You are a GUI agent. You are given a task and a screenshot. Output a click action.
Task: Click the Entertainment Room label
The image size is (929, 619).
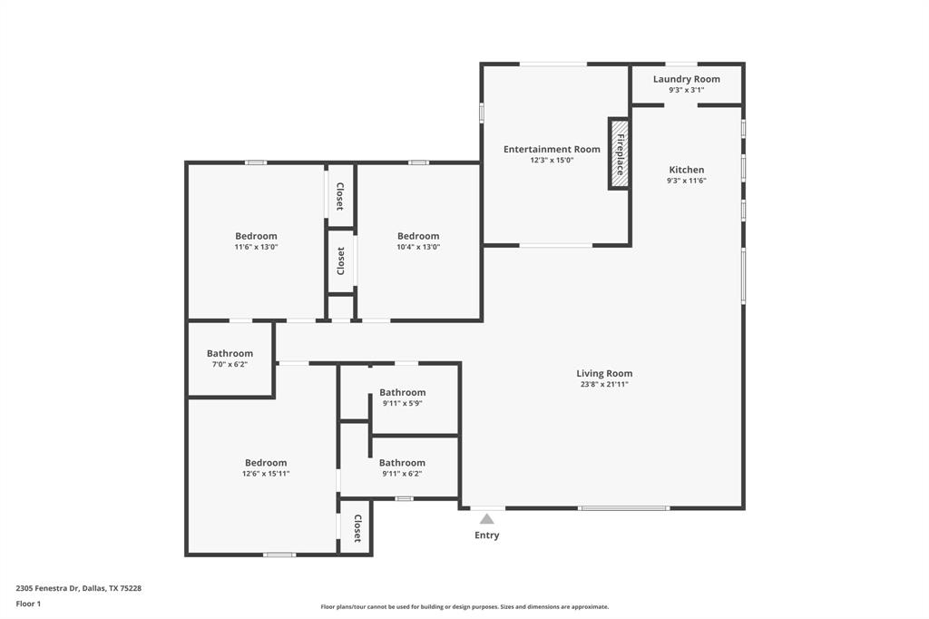(x=552, y=149)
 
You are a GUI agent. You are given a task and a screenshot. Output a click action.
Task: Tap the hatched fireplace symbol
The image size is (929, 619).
(x=620, y=154)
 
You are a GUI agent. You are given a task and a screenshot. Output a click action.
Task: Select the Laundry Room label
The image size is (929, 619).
(x=686, y=79)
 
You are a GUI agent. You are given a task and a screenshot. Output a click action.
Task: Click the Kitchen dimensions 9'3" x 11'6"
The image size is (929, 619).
(x=686, y=181)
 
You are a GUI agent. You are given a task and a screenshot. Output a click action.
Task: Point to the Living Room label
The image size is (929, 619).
(x=604, y=373)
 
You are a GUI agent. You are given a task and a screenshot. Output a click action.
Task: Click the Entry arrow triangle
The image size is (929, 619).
(x=487, y=519)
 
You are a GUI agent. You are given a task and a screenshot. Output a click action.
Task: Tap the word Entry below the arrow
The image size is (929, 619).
(x=487, y=535)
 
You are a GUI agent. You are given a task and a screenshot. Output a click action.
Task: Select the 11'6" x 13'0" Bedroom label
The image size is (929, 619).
(x=256, y=236)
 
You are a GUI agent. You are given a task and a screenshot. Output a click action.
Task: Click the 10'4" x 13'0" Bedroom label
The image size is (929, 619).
(x=418, y=236)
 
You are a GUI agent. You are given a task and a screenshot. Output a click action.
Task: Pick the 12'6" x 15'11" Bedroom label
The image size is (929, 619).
(x=266, y=463)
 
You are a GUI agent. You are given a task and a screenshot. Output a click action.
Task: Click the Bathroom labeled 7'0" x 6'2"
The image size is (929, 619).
(x=230, y=353)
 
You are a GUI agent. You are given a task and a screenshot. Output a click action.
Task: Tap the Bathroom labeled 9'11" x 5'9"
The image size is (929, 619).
(x=402, y=392)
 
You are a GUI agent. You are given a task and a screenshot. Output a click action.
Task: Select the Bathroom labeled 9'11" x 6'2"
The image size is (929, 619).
(x=402, y=462)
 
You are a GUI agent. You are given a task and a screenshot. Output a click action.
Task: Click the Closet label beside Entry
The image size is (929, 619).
(x=357, y=527)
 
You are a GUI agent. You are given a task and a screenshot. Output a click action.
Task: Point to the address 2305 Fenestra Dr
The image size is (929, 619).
(x=78, y=588)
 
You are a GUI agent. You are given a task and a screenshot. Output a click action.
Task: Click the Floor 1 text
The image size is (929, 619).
(x=28, y=603)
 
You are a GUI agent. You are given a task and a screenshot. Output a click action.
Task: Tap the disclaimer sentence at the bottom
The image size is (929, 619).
(x=464, y=607)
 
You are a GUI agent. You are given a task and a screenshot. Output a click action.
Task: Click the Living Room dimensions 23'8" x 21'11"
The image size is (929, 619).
(x=604, y=384)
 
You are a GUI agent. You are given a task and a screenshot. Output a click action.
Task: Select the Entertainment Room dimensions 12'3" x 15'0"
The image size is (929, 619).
(x=552, y=161)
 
